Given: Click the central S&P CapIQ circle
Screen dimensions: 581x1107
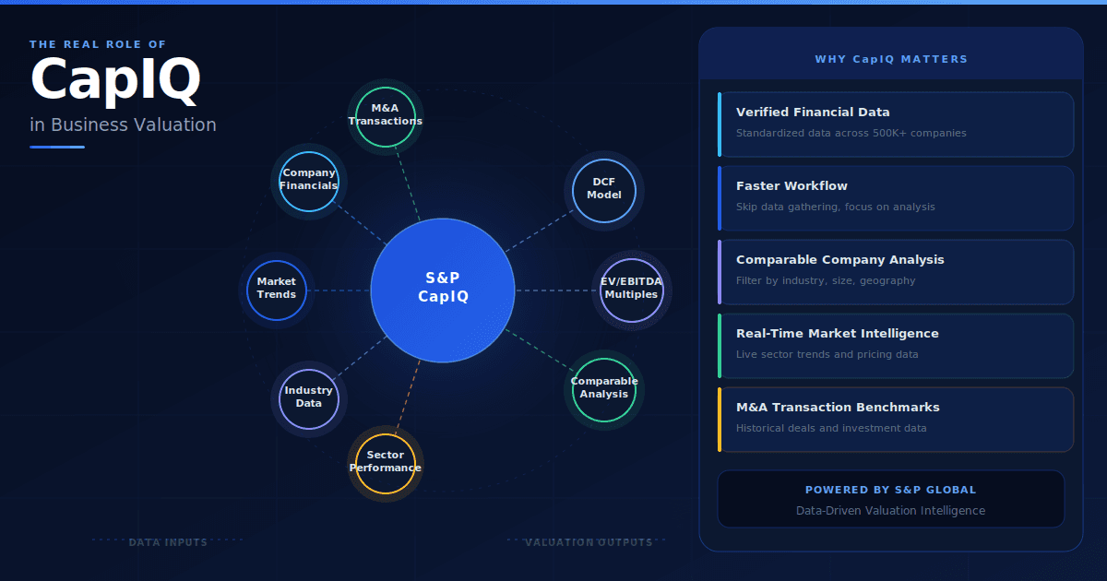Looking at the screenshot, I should (443, 290).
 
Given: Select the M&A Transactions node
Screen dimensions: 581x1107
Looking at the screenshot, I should (386, 115).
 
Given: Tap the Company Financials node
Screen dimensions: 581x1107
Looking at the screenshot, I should (309, 180).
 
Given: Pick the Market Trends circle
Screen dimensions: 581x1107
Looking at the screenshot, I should (277, 289).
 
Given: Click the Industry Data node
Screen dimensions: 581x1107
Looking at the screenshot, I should (309, 397).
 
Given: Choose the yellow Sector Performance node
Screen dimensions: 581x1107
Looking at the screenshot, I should (386, 462).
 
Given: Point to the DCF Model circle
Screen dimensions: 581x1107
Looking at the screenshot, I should (604, 189).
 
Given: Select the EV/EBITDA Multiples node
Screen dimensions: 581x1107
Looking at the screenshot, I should (631, 289).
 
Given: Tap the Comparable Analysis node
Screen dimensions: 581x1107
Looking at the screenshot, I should (604, 388).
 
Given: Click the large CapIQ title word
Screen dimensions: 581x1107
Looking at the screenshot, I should (115, 79).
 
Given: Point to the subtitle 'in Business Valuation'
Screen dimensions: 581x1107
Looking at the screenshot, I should (123, 125).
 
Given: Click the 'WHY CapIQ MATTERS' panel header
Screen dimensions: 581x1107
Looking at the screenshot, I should (891, 59).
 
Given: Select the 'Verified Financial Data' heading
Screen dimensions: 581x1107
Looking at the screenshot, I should (813, 113).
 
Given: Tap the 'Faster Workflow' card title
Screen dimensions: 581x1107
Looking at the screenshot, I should (792, 186).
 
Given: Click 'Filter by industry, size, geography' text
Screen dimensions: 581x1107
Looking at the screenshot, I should (826, 280).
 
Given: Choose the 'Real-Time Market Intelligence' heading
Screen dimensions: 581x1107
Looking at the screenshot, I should (837, 334).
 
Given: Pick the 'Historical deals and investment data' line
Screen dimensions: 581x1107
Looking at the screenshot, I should (831, 428).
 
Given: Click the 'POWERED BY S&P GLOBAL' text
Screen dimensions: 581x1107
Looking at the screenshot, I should (890, 490).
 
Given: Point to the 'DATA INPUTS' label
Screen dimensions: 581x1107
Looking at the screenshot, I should (168, 542).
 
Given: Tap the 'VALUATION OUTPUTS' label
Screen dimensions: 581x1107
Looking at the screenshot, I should (589, 542).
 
